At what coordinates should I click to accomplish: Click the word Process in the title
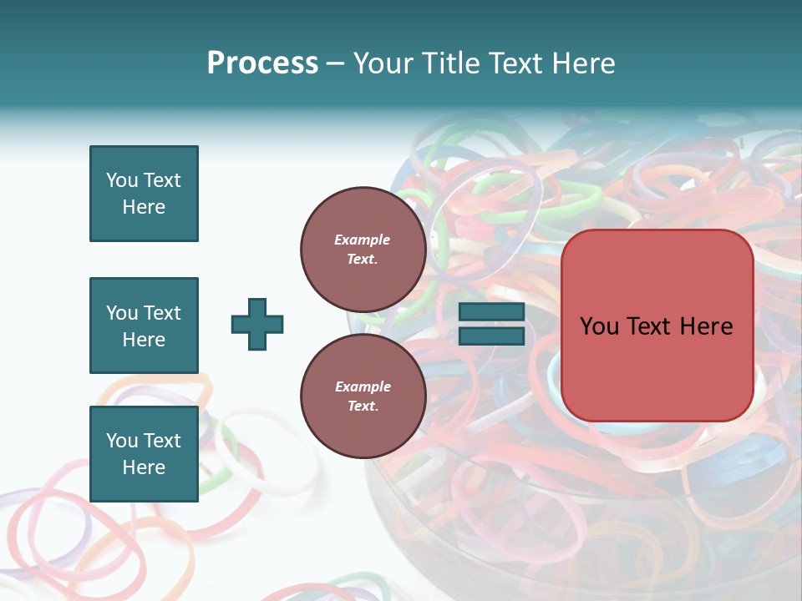[262, 63]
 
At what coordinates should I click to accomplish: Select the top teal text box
[144, 194]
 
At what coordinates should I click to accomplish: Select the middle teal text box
[144, 326]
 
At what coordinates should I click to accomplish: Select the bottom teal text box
[144, 454]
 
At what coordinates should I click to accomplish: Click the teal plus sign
[257, 324]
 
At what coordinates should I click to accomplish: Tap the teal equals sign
[491, 324]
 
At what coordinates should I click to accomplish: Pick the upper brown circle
[363, 249]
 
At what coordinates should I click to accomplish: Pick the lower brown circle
[363, 396]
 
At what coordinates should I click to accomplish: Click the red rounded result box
[657, 325]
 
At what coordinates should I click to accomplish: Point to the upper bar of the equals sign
[491, 312]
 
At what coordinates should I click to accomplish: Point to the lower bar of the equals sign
[491, 336]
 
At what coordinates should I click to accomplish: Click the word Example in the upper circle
[363, 240]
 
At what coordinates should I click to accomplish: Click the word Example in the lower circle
[363, 386]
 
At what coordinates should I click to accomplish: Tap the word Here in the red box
[705, 326]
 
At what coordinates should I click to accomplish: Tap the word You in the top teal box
[122, 180]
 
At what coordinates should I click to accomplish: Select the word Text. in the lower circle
[363, 407]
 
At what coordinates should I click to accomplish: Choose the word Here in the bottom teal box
[144, 467]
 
